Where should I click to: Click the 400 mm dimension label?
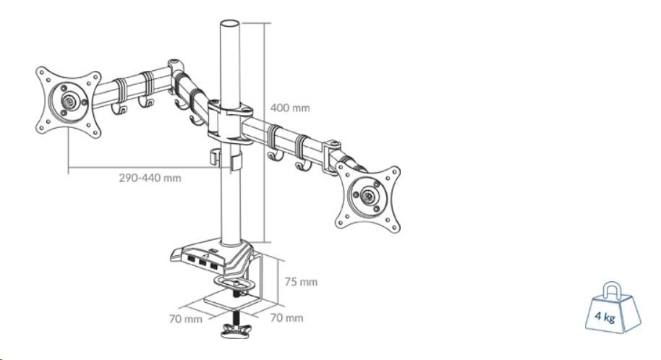click(x=289, y=108)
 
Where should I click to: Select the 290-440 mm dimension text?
click(x=150, y=178)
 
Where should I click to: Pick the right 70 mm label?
click(x=287, y=317)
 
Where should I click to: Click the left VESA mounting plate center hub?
click(x=68, y=101)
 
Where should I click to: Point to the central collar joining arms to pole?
click(x=229, y=119)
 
